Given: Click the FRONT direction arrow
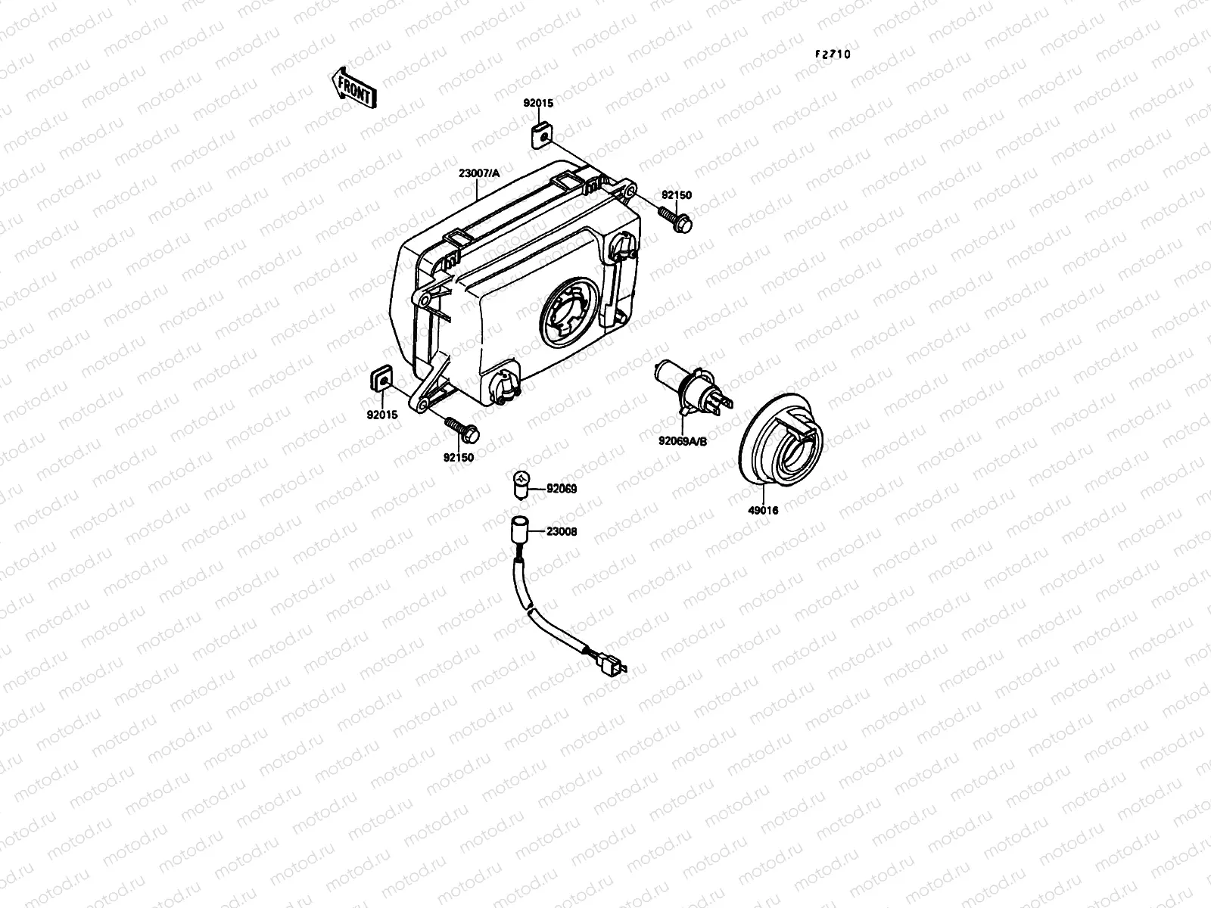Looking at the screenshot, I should click(353, 89).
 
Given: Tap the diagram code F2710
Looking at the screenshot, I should click(833, 54).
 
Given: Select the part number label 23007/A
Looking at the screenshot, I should click(479, 173).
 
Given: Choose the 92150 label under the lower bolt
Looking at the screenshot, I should click(459, 457).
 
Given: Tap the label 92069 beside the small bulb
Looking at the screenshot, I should click(561, 490).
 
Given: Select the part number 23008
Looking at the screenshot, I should click(561, 532).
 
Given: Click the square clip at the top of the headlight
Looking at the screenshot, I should click(540, 135).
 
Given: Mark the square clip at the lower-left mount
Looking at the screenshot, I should click(383, 375).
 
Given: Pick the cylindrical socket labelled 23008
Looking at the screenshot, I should click(519, 527).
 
